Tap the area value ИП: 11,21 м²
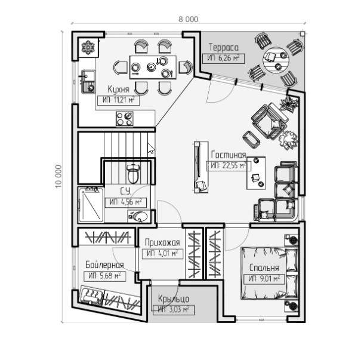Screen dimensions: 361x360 pos(118,100)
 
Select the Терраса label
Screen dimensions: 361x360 pos(224,48)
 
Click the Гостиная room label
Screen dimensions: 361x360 pos(229,155)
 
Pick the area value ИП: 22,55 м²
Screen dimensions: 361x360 pos(227,166)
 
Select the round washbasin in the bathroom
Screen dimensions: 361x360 pos(139,216)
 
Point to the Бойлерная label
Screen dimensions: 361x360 pos(104,264)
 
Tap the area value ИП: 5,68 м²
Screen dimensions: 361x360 pos(104,276)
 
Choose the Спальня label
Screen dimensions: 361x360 pos(264,268)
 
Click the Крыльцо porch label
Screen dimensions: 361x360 pos(174,299)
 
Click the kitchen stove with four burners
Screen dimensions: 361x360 pos(125,119)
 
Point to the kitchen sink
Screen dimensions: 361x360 pos(89,81)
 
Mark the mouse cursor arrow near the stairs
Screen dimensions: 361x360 pos(150,148)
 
